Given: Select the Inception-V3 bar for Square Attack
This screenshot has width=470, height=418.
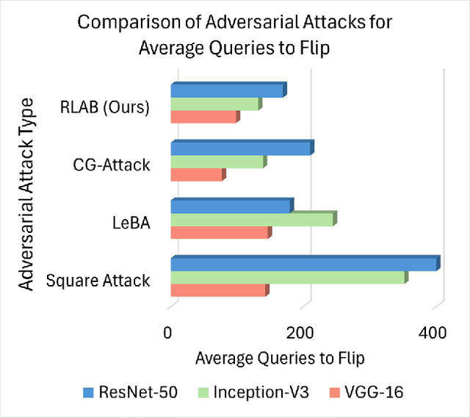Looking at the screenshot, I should tap(288, 278).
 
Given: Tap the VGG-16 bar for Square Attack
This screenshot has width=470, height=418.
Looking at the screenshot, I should tap(218, 291).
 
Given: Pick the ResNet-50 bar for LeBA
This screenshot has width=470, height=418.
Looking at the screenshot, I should tap(231, 206).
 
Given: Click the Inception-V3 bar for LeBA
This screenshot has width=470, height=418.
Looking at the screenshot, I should tap(252, 220).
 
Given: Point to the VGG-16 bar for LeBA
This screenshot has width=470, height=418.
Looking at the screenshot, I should tap(220, 233).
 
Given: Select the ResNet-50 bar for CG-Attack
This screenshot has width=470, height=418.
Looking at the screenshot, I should tap(241, 149).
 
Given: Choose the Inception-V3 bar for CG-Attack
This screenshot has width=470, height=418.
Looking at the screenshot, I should tap(217, 162).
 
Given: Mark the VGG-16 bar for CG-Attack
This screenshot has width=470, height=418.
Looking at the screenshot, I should tap(197, 176).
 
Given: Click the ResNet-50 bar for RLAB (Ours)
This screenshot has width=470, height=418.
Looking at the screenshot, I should tap(227, 91).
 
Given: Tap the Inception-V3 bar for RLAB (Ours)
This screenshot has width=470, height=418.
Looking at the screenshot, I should tap(215, 104).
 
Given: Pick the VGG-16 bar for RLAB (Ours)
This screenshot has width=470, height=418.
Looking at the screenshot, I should tap(203, 118).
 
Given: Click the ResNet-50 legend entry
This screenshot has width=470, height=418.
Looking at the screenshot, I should tap(130, 392).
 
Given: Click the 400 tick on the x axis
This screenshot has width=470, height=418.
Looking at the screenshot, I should tap(433, 333).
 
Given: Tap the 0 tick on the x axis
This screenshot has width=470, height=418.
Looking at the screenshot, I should tap(170, 333).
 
